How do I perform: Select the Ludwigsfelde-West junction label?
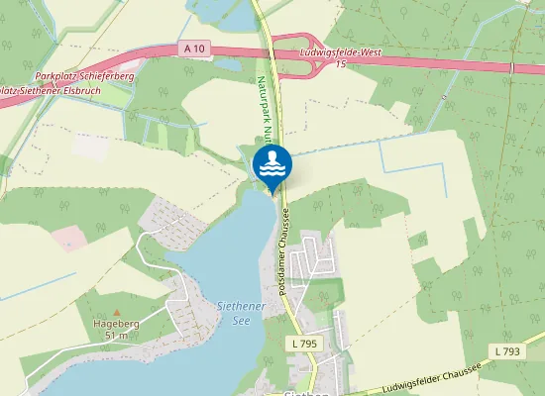[340, 51]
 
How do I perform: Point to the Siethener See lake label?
[241, 313]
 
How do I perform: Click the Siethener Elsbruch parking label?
[46, 91]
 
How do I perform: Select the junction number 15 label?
[340, 64]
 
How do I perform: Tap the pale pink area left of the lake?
[69, 238]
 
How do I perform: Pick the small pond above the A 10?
[227, 14]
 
